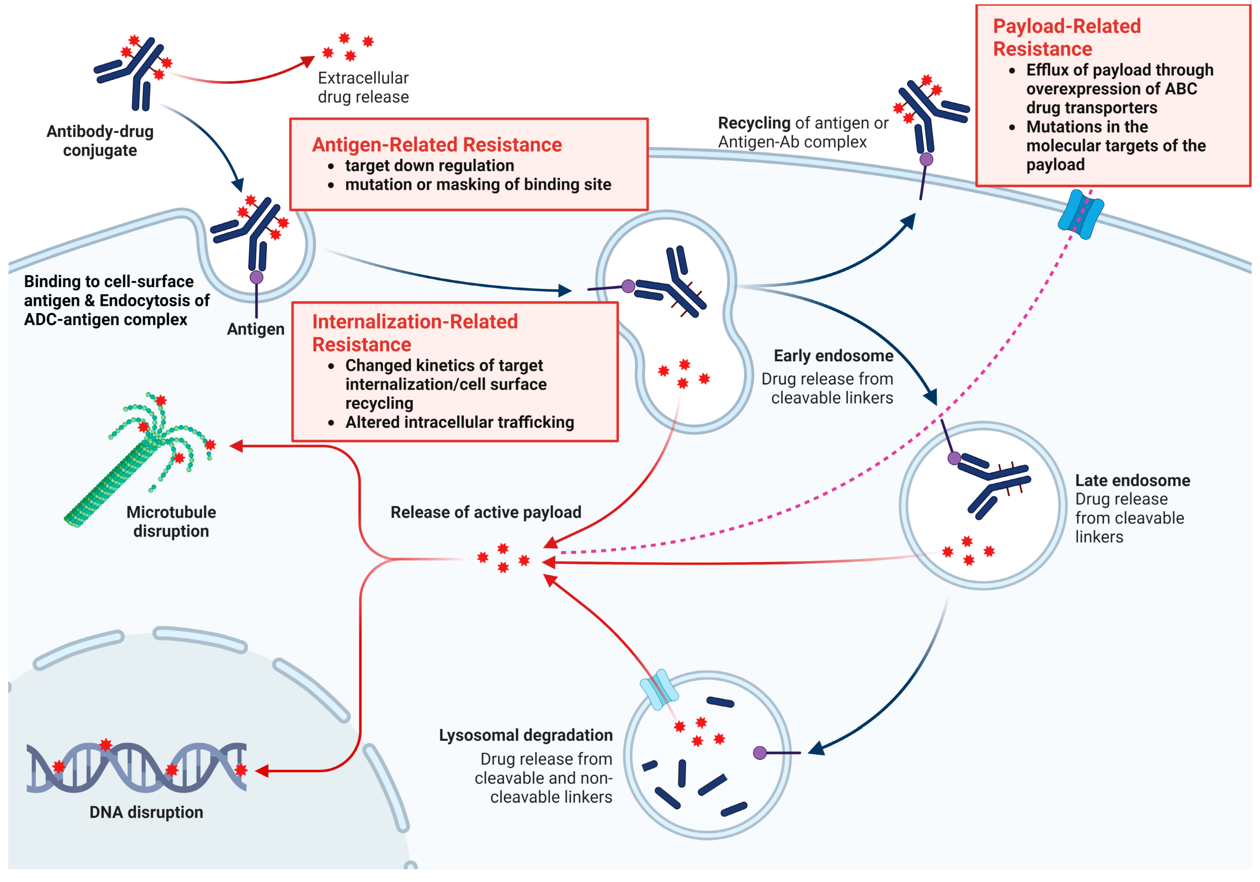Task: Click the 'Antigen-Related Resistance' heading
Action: pos(437,145)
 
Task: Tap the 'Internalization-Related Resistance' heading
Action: pos(415,333)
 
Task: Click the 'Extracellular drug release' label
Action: pos(363,87)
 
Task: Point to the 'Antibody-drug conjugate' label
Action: pos(100,140)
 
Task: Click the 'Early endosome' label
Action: pos(833,356)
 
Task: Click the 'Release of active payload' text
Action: pos(486,512)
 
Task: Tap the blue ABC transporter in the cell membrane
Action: pos(1080,214)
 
